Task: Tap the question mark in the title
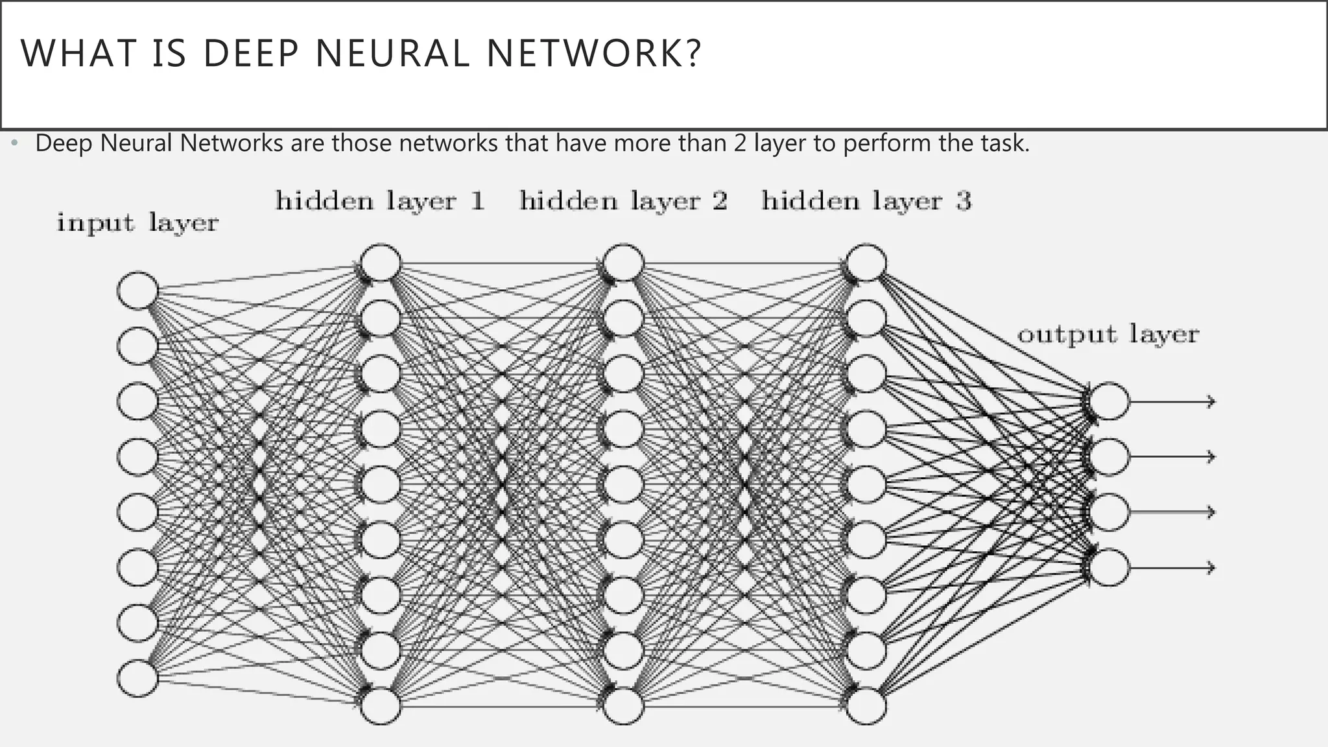[693, 54]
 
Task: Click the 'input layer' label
[137, 223]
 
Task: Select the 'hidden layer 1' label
[380, 201]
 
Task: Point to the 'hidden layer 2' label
[623, 201]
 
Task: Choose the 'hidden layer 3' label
[866, 201]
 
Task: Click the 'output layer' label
[1108, 335]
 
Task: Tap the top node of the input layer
[138, 290]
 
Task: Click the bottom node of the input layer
[138, 678]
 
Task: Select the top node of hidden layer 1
[381, 263]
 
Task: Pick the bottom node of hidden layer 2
[623, 705]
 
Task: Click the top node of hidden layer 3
[866, 263]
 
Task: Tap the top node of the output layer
[1109, 401]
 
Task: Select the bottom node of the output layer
[1109, 567]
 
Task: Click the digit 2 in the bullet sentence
[740, 143]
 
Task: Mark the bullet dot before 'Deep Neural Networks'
[14, 143]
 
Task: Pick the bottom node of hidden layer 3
[866, 705]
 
